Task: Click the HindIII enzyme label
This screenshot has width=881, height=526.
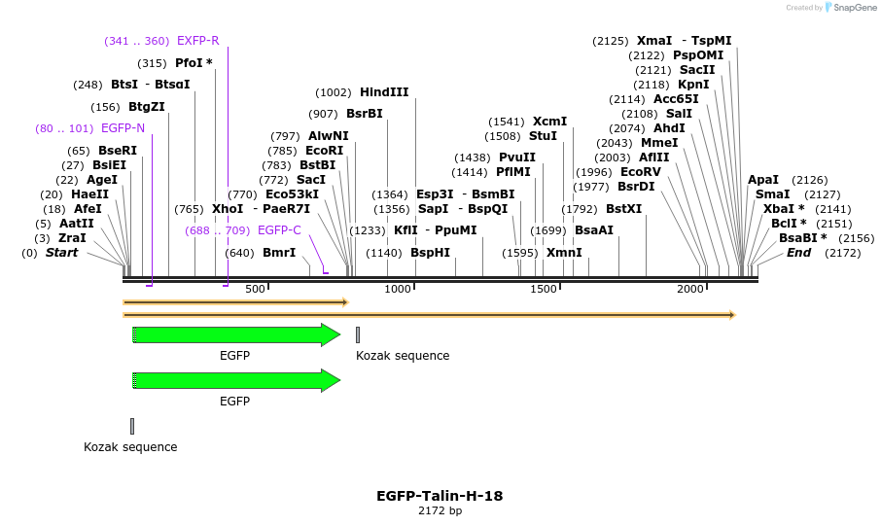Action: tap(384, 92)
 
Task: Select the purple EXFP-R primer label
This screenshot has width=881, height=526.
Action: tap(197, 41)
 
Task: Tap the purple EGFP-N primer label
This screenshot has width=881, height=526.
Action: tap(123, 128)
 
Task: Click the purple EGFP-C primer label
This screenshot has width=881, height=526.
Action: tap(279, 230)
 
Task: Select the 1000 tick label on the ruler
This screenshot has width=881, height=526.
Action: tap(399, 290)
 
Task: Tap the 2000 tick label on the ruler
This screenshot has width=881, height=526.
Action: tap(690, 290)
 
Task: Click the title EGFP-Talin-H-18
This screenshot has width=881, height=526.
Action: tap(440, 496)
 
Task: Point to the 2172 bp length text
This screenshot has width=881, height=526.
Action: tap(440, 510)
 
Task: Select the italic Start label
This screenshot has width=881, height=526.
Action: tap(62, 253)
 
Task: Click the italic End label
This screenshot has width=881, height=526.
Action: tap(798, 253)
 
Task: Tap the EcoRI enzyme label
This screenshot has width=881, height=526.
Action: tap(324, 151)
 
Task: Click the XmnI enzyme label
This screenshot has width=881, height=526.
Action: tap(564, 253)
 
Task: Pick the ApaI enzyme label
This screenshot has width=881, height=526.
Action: tap(763, 180)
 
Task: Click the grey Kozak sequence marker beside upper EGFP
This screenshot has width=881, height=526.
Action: tap(358, 335)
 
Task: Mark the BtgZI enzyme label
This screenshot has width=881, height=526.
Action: tap(147, 107)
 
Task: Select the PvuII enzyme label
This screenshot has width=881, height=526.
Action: tap(516, 158)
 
